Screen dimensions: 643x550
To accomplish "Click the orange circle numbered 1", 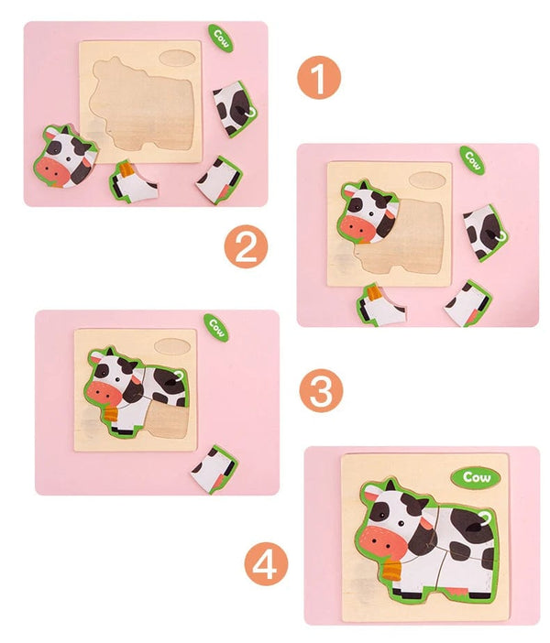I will pyautogui.click(x=318, y=79).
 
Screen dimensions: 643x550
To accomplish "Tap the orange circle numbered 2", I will pyautogui.click(x=245, y=246).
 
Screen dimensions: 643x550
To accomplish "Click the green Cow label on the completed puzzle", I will pyautogui.click(x=476, y=476).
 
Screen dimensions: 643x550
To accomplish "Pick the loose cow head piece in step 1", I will pyautogui.click(x=66, y=156).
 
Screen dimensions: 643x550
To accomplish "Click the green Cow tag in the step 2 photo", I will pyautogui.click(x=472, y=159).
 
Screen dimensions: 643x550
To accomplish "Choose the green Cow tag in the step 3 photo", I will pyautogui.click(x=216, y=326).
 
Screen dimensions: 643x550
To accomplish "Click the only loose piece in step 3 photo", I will pyautogui.click(x=214, y=468).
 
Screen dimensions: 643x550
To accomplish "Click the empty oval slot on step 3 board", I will pyautogui.click(x=171, y=347).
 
